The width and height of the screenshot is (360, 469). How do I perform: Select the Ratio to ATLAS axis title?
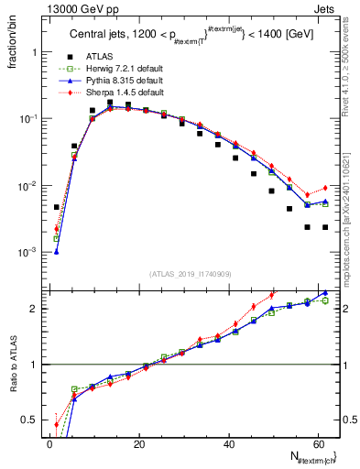pyautogui.click(x=13, y=365)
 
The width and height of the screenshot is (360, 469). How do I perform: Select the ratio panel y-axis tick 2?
pyautogui.click(x=37, y=308)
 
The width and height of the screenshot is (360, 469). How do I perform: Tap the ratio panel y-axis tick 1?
pyautogui.click(x=37, y=364)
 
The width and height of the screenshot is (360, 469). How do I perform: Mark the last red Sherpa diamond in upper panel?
pyautogui.click(x=325, y=188)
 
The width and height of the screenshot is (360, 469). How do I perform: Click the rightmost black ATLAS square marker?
pyautogui.click(x=325, y=227)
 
